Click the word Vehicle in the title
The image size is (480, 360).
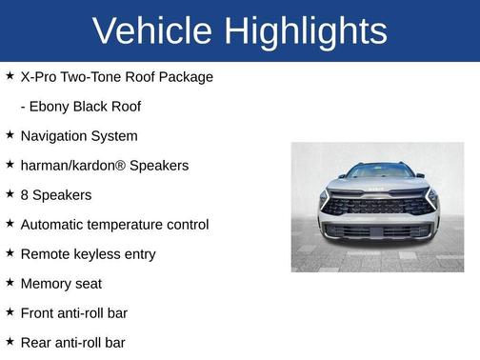click(x=151, y=30)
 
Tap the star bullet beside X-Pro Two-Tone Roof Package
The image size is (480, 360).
click(x=10, y=75)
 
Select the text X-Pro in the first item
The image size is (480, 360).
click(x=40, y=76)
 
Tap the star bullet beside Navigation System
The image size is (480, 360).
click(x=10, y=135)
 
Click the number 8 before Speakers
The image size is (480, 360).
click(x=25, y=195)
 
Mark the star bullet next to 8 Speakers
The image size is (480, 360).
click(x=10, y=194)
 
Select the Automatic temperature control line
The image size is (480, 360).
click(x=114, y=225)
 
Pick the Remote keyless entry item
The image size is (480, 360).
click(x=88, y=254)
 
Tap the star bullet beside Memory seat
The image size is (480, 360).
click(x=10, y=283)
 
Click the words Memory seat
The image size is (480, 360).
click(x=61, y=284)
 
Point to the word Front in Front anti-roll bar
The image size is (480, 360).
click(x=38, y=313)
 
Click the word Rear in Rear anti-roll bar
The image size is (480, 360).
click(x=36, y=343)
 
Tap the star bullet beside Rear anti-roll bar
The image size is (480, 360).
click(x=10, y=342)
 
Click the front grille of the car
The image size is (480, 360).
click(x=378, y=206)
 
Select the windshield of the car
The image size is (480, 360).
click(x=378, y=172)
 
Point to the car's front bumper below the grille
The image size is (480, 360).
click(x=378, y=231)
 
